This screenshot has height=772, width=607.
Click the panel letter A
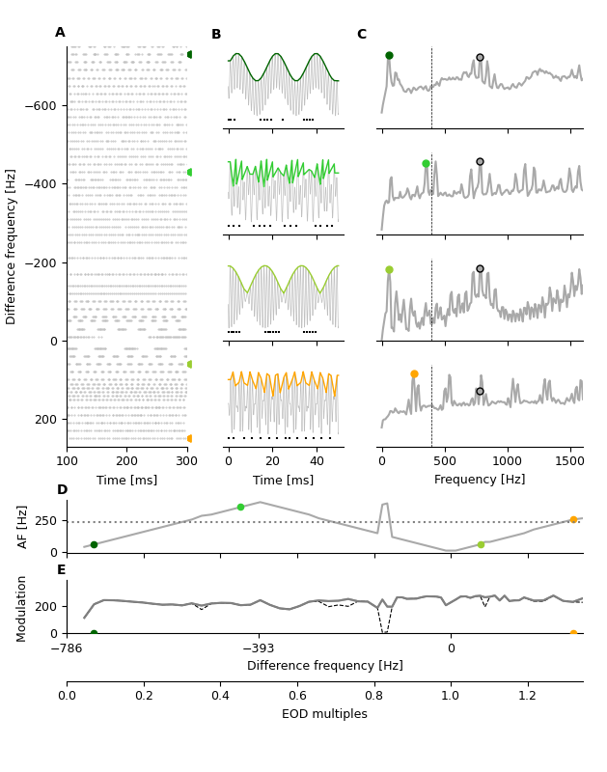pos(60,33)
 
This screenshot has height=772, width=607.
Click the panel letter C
pos(361,35)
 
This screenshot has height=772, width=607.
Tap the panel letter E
pos(62,570)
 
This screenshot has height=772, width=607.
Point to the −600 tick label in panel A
pos(39,105)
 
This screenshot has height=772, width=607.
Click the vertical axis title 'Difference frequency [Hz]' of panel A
pos(12,246)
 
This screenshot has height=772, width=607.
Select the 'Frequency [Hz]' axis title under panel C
pos(480,480)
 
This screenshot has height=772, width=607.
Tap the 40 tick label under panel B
pos(317,461)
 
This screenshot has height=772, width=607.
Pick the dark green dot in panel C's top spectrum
pos(389,56)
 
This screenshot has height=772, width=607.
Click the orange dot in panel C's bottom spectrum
pos(414,374)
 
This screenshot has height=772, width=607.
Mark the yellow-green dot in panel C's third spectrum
pos(389,270)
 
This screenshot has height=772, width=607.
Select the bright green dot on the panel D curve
pos(241,507)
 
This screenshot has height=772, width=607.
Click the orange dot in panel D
pos(573,519)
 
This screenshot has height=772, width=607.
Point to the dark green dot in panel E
pos(94,634)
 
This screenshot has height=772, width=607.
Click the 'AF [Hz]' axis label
pos(23,527)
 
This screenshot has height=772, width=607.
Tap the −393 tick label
pos(259,648)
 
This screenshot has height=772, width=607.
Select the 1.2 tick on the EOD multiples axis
pos(527,696)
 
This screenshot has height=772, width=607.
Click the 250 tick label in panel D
pos(45,522)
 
